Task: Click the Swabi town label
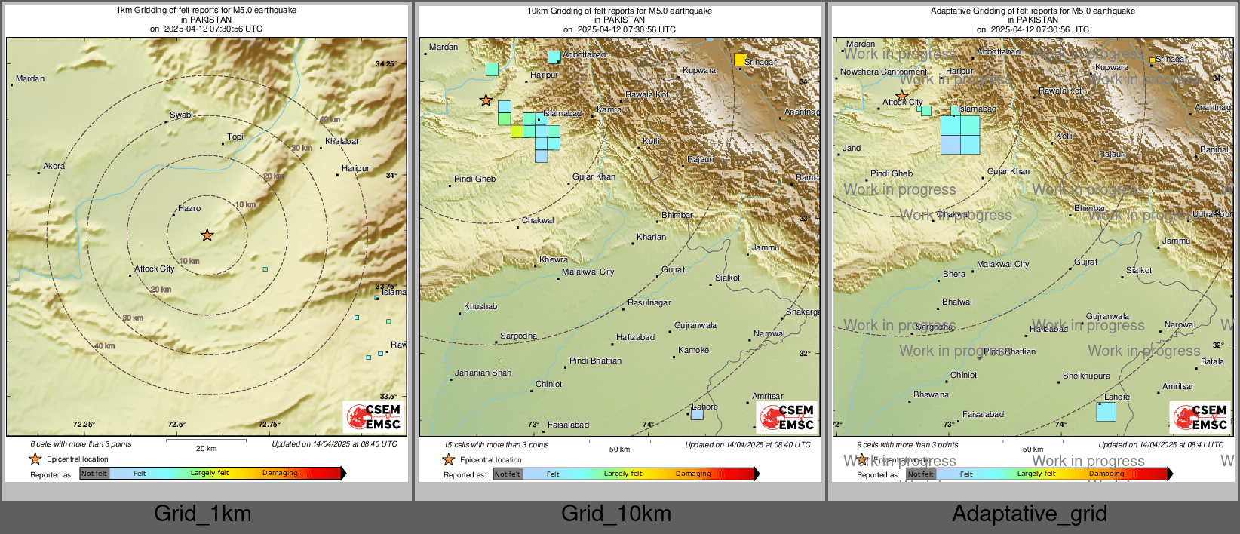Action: point(181,115)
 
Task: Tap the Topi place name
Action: point(235,137)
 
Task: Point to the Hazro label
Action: point(189,208)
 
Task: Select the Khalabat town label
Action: point(342,141)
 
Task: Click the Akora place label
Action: point(54,166)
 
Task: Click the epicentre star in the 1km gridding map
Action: point(207,235)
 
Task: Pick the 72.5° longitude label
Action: point(176,425)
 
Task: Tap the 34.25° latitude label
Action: point(385,64)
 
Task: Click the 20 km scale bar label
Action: point(206,448)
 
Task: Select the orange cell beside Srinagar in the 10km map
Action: point(740,60)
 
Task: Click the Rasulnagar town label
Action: point(649,302)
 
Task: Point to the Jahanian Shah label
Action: point(483,373)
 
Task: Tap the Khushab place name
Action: point(480,306)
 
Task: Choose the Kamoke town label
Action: point(693,350)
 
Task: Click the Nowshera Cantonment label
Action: point(883,72)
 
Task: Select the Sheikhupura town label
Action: point(1086,376)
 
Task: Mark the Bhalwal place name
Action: point(956,302)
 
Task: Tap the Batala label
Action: point(1212,361)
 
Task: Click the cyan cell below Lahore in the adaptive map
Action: point(1106,412)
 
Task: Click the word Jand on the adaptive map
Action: point(852,148)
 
